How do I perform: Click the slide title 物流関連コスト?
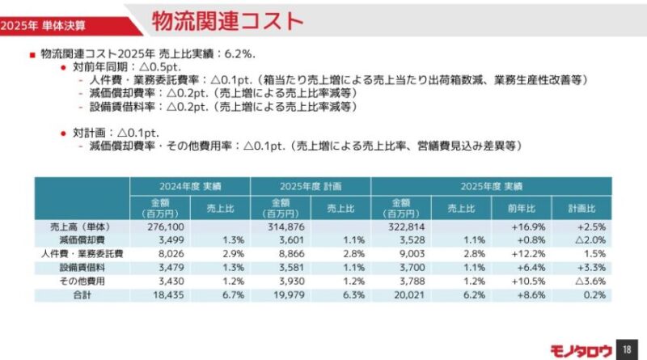pyautogui.click(x=228, y=21)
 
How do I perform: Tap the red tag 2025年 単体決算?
pyautogui.click(x=43, y=26)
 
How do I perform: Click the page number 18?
pyautogui.click(x=627, y=349)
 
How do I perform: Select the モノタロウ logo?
pyautogui.click(x=581, y=351)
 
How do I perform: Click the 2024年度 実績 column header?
pyautogui.click(x=190, y=186)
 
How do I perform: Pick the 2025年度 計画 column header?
pyautogui.click(x=311, y=186)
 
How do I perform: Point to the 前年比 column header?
pyautogui.click(x=522, y=209)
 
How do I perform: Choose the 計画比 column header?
pyautogui.click(x=581, y=209)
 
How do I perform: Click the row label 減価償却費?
pyautogui.click(x=82, y=239)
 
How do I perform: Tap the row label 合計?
pyautogui.click(x=82, y=294)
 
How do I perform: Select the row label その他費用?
pyautogui.click(x=82, y=282)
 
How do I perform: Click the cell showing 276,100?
pyautogui.click(x=166, y=227)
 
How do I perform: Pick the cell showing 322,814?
pyautogui.click(x=407, y=227)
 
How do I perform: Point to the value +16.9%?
pyautogui.click(x=529, y=227)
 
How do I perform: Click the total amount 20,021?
pyautogui.click(x=409, y=294)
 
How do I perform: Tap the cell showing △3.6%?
pyautogui.click(x=590, y=282)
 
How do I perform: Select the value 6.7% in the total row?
pyautogui.click(x=234, y=294)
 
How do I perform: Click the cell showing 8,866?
pyautogui.click(x=292, y=253)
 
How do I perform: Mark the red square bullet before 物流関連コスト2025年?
pyautogui.click(x=32, y=55)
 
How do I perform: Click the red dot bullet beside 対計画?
pyautogui.click(x=63, y=133)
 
